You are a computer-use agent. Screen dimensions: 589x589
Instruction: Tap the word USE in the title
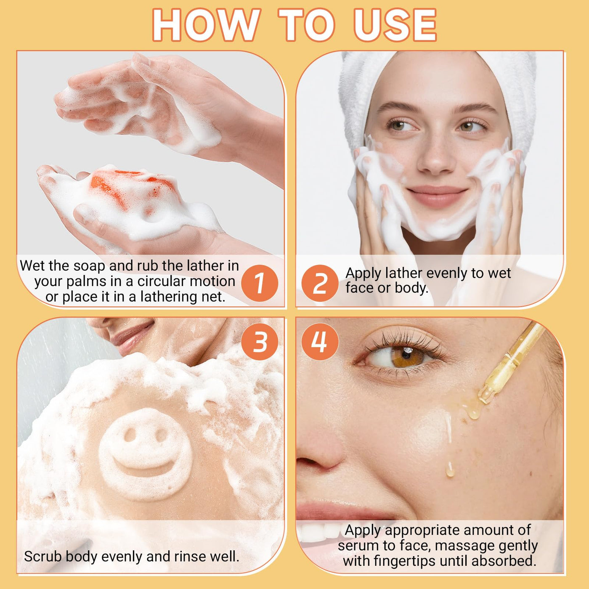point(395,25)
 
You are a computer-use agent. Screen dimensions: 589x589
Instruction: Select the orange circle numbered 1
point(260,283)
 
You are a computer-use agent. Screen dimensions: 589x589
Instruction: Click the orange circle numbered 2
point(320,283)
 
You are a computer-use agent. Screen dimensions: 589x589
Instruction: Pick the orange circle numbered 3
point(260,342)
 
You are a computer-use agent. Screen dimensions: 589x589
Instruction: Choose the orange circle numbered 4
point(320,342)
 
